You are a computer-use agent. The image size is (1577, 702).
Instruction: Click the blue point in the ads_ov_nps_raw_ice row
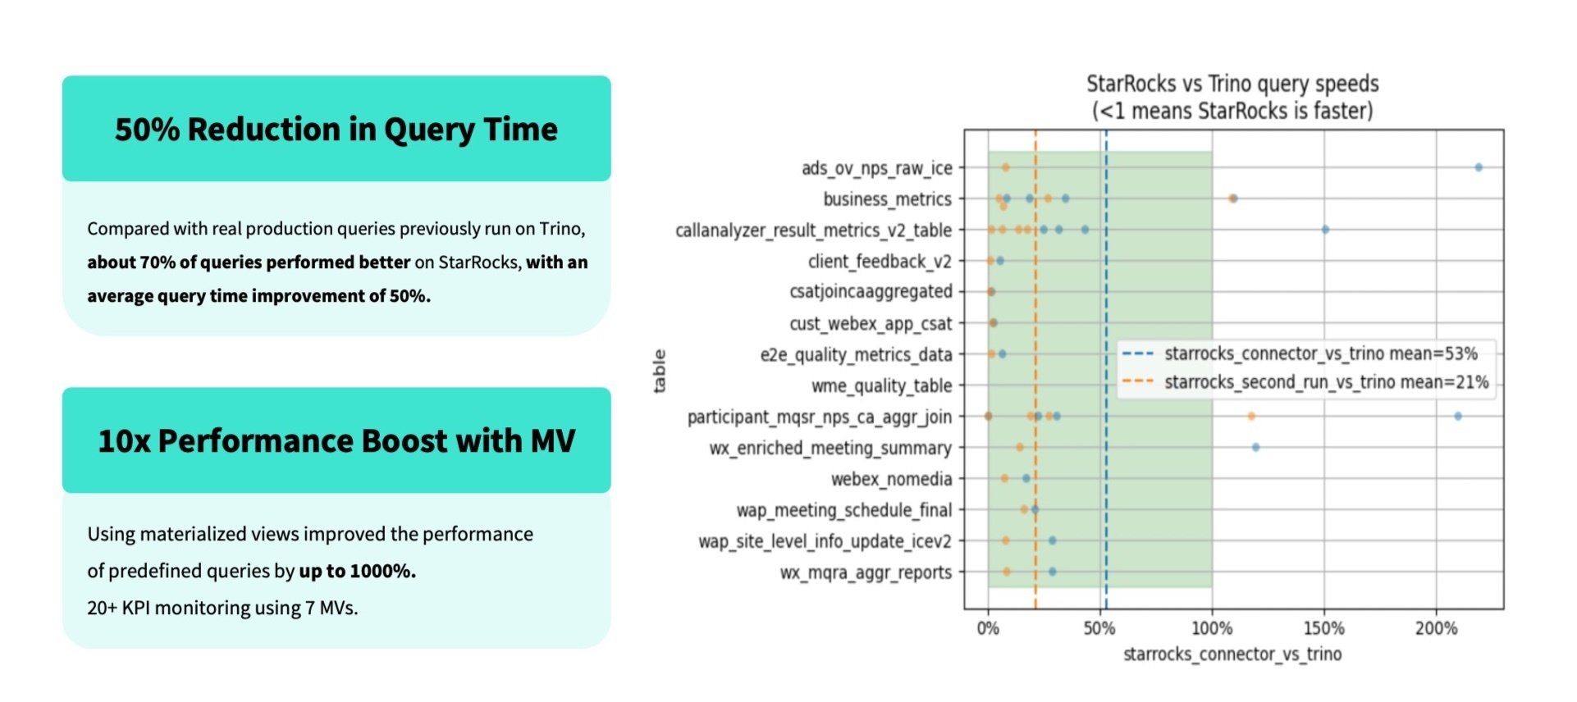1479,167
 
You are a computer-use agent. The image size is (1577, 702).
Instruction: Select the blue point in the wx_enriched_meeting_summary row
1255,448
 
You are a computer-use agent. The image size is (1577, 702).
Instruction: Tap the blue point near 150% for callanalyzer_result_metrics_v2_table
1325,230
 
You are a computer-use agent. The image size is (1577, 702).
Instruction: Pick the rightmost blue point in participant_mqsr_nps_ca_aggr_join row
1458,417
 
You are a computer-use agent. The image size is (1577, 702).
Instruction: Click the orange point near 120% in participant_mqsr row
1251,417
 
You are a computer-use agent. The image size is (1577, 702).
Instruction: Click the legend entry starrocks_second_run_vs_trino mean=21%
1326,382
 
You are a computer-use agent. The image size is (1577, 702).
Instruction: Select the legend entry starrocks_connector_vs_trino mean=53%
1320,353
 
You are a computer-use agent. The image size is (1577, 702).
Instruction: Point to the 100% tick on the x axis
1212,629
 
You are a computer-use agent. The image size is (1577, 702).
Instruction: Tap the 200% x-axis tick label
1436,629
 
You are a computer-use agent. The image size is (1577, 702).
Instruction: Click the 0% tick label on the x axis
988,629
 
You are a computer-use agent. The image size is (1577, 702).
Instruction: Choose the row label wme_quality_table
881,385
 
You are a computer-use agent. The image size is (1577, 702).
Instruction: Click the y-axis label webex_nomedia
891,479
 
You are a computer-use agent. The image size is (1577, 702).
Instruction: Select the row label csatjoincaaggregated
871,292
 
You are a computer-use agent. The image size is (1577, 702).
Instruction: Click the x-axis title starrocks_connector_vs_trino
1232,654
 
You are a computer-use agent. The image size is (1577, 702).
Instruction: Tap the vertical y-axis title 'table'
659,371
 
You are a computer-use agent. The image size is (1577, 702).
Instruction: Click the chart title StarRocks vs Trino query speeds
1232,84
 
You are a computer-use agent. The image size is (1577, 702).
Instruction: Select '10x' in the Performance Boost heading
124,441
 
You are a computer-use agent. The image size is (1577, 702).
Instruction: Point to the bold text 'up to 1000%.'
357,571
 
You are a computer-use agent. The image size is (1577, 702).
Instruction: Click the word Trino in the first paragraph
560,229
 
